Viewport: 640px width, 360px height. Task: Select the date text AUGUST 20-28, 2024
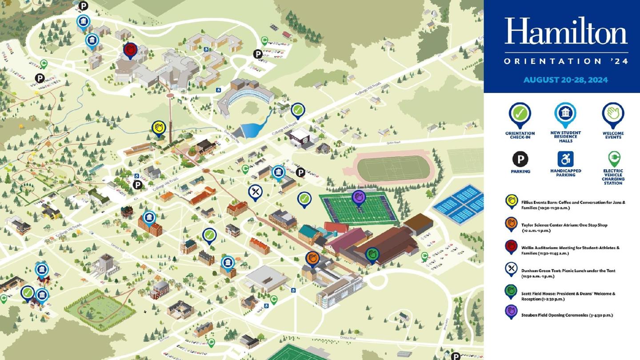[x=565, y=80]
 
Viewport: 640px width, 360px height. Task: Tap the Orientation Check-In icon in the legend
[x=520, y=114]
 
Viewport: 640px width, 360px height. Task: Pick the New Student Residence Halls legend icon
[x=565, y=113]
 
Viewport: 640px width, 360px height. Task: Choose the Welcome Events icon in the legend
[x=613, y=114]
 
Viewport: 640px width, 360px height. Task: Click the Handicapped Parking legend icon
[x=565, y=159]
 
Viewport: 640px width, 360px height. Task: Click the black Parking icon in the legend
[x=520, y=159]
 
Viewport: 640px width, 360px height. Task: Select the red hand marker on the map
[x=130, y=50]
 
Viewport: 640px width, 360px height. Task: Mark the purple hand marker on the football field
[x=359, y=197]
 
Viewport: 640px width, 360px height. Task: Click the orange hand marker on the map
[x=312, y=258]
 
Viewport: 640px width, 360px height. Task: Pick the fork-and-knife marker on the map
[x=255, y=192]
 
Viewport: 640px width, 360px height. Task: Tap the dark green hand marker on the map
[x=372, y=255]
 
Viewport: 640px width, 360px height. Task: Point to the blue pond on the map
[x=252, y=128]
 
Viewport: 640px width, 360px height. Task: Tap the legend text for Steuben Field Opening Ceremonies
[x=567, y=315]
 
